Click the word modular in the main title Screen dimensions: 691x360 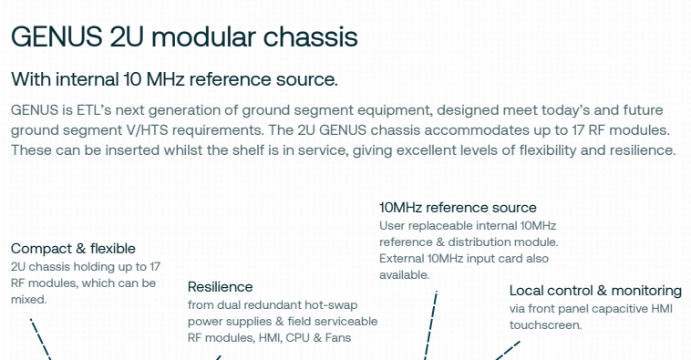click(x=203, y=36)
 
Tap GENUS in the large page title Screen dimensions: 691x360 click(x=57, y=36)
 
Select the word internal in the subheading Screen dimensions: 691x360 click(x=88, y=79)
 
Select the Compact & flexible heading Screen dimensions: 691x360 click(x=73, y=249)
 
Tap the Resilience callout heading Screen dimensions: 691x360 click(x=221, y=287)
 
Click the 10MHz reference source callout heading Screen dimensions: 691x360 click(x=458, y=208)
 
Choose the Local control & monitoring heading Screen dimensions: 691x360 click(x=595, y=291)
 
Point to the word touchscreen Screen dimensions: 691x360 click(x=545, y=325)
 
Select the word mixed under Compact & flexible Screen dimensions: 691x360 click(x=28, y=300)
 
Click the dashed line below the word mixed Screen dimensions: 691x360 click(x=40, y=339)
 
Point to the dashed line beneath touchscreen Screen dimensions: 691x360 click(x=507, y=350)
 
